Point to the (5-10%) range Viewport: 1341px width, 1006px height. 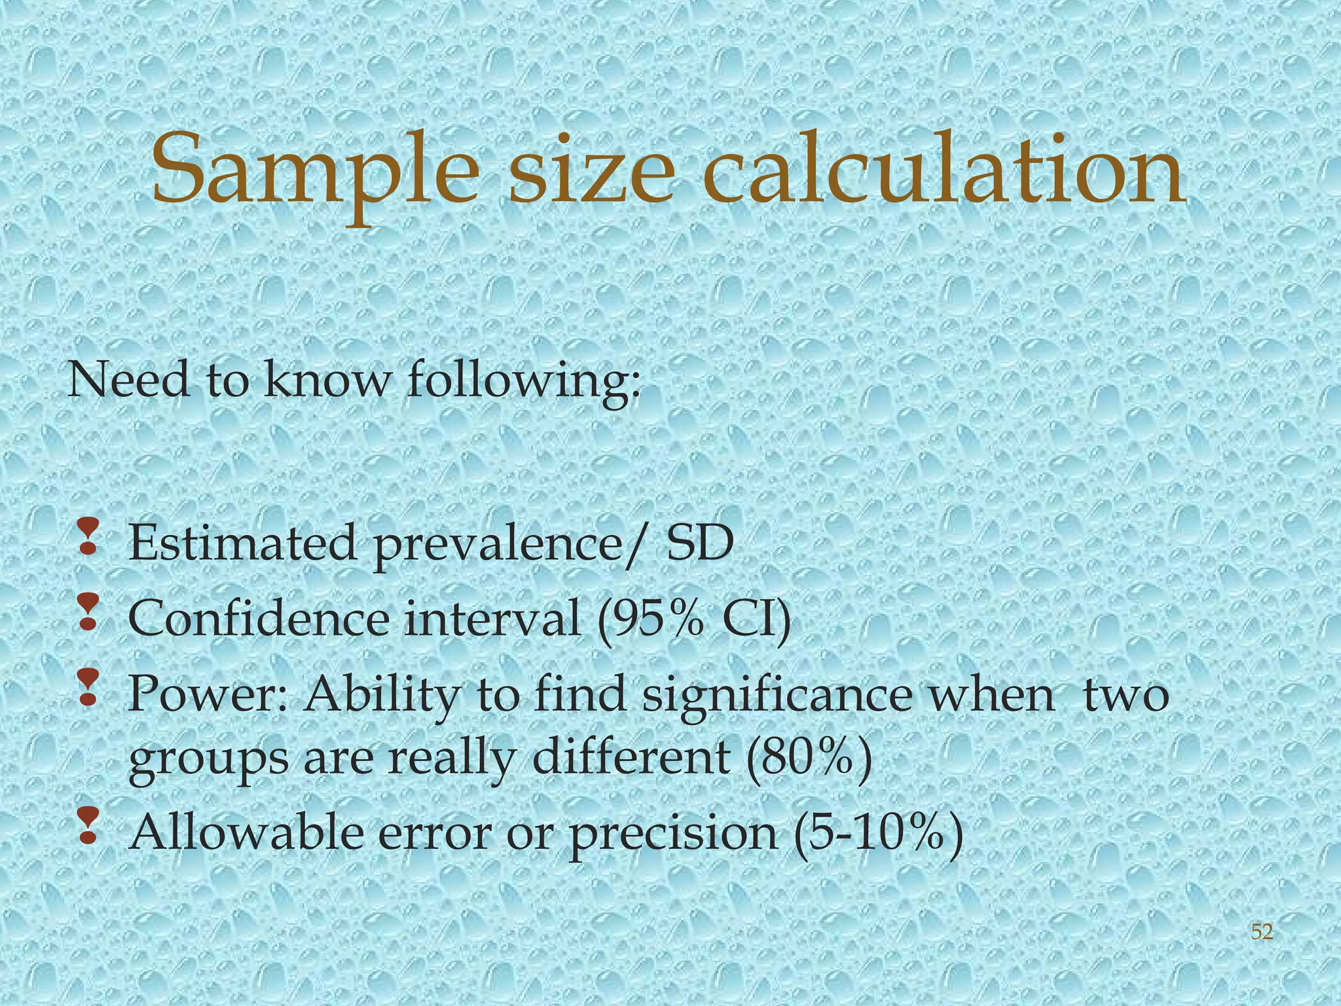pos(877,833)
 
